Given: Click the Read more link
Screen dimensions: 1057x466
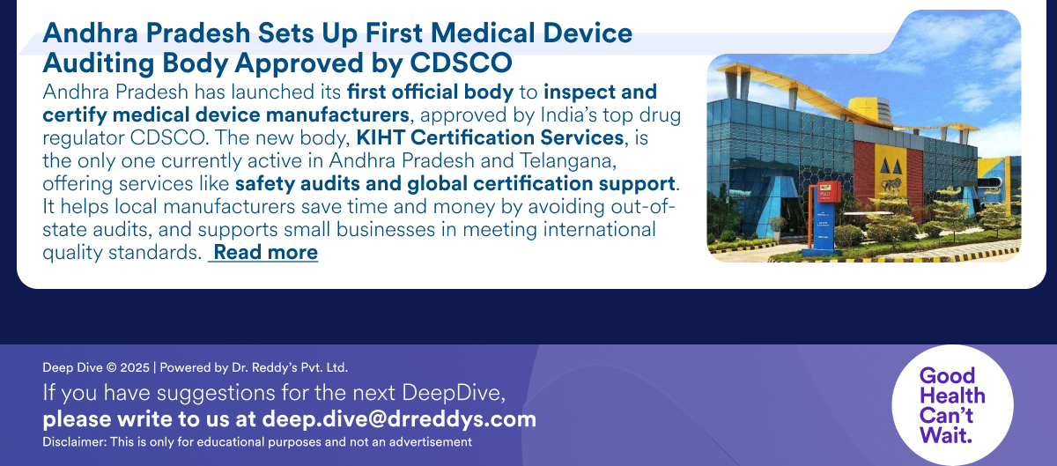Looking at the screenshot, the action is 266,253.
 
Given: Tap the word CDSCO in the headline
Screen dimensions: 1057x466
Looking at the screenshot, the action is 461,63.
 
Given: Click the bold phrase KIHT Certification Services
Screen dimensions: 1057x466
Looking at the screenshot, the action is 490,138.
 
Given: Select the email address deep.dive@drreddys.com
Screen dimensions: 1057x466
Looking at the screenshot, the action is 399,419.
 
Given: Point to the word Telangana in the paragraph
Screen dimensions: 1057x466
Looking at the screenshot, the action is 568,161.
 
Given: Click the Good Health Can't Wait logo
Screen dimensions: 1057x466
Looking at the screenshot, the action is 952,405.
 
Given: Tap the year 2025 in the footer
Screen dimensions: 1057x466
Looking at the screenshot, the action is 135,368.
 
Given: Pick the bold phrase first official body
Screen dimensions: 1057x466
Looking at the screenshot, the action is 430,92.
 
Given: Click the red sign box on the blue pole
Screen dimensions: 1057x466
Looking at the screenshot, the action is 828,192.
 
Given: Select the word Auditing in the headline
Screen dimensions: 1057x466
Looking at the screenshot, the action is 98,63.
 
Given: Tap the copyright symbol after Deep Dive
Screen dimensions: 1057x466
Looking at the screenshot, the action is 111,368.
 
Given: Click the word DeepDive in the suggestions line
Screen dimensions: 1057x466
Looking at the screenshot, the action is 453,393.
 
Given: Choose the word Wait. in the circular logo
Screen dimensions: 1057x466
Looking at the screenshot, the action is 946,435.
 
